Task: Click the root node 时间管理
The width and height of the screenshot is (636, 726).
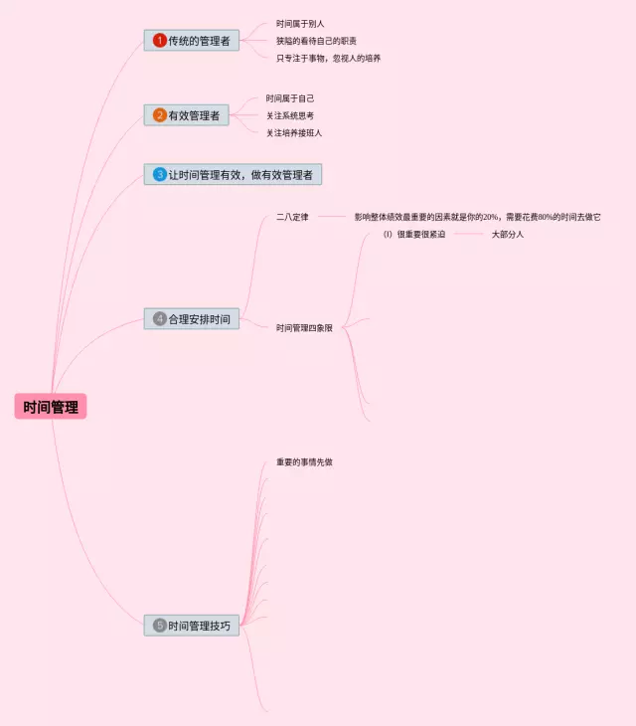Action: point(51,407)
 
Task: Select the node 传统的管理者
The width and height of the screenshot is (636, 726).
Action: point(192,41)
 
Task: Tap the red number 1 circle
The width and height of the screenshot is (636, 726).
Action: point(159,41)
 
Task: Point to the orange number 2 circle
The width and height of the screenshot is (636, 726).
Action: point(159,115)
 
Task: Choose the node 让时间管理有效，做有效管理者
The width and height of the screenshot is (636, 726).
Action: point(233,174)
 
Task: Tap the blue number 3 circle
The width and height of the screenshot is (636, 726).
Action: point(159,174)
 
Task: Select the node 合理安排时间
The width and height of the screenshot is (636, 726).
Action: point(192,319)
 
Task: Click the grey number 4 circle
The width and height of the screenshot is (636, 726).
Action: point(159,319)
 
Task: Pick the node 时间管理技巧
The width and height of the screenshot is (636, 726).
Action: point(192,626)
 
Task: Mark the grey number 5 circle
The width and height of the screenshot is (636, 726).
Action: point(159,626)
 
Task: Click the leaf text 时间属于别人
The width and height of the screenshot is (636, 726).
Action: point(300,23)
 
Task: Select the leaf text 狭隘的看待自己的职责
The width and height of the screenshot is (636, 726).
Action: point(316,41)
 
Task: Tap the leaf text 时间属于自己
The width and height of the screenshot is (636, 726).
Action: point(290,98)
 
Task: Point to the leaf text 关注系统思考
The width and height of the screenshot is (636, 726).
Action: point(290,115)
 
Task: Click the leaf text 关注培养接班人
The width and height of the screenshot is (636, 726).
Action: point(294,132)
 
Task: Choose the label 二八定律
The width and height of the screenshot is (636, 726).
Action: point(292,217)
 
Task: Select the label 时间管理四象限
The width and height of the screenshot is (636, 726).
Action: point(304,327)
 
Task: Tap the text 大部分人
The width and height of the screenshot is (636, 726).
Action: point(507,235)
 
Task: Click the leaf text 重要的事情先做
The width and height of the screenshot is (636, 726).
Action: point(311,462)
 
